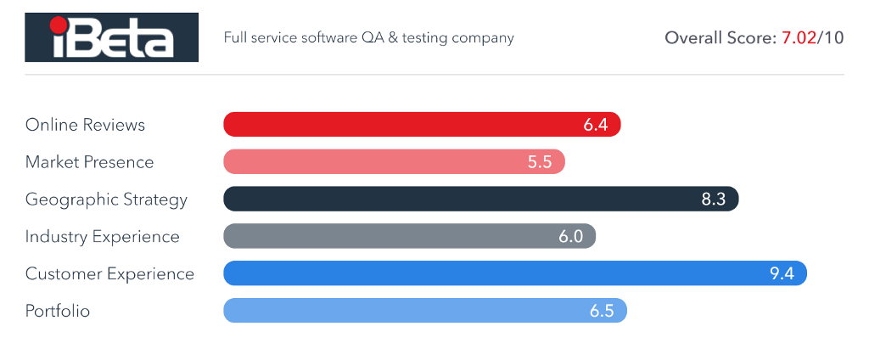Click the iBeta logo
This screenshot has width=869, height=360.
coord(111,37)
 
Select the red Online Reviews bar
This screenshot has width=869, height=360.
coord(422,125)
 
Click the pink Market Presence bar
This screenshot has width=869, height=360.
coord(394,162)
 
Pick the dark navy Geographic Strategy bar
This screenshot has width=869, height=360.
coord(480,200)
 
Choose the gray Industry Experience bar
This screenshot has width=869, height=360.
coord(409,237)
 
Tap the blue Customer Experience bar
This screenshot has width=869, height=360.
coord(514,273)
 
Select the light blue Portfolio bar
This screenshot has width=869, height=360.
coord(424,311)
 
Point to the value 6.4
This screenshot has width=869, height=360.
coord(596,125)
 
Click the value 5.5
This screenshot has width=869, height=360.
coord(540,162)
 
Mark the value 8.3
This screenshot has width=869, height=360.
coord(714,200)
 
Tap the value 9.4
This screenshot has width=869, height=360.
coord(781,273)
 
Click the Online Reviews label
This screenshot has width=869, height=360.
coord(85,125)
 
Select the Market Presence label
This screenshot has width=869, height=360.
coord(89,162)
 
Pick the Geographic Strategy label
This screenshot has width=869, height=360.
coord(106,200)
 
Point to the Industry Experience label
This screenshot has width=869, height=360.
coord(102,237)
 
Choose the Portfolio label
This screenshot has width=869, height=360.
coord(57,311)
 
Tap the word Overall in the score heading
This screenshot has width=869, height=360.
coord(692,38)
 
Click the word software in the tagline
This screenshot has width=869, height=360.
coord(322,38)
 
